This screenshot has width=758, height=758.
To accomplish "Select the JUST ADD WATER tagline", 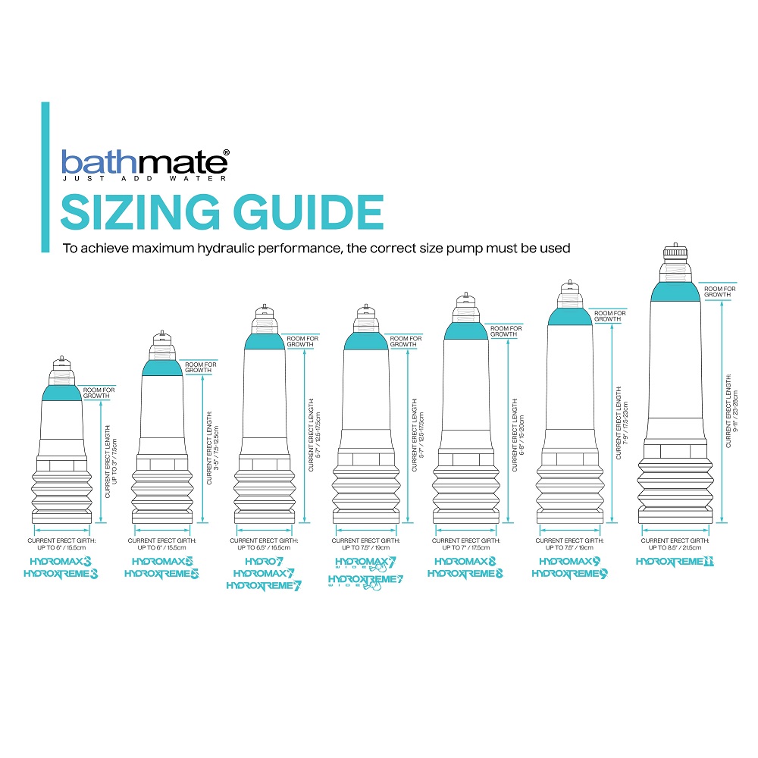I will [143, 180].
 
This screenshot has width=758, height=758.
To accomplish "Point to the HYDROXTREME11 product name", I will [675, 562].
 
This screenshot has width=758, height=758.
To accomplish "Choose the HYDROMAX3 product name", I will [61, 562].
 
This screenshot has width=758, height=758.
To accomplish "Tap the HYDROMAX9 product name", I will [569, 562].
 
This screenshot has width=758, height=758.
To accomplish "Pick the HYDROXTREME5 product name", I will [161, 574].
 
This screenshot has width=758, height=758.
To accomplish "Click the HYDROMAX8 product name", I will [465, 562].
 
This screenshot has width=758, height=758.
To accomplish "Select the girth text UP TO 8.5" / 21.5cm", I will [675, 547].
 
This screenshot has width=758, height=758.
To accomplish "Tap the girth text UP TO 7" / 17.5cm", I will [465, 547].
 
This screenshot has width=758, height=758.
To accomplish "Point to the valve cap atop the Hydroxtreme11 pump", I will [675, 253].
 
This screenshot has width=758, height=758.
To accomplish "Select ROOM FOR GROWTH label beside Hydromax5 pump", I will [201, 368].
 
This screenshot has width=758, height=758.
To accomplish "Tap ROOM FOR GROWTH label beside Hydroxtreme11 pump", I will [719, 292].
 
